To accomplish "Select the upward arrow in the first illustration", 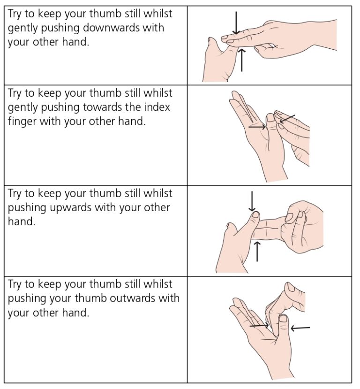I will (241, 60).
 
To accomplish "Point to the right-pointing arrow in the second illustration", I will (257, 126).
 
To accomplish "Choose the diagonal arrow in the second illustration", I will (287, 119).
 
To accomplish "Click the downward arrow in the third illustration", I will (252, 201).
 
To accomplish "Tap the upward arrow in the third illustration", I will (257, 251).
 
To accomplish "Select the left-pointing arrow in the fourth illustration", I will (300, 328).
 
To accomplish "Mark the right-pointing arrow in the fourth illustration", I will (259, 325).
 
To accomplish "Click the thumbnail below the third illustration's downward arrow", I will (255, 216).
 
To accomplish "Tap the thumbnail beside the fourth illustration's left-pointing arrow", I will (283, 319).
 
